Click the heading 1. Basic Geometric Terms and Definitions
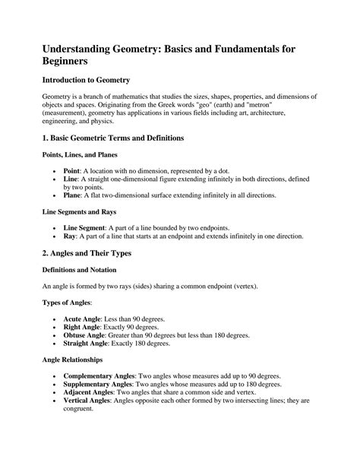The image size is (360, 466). pyautogui.click(x=118, y=139)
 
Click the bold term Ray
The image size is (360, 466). pyautogui.click(x=70, y=236)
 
